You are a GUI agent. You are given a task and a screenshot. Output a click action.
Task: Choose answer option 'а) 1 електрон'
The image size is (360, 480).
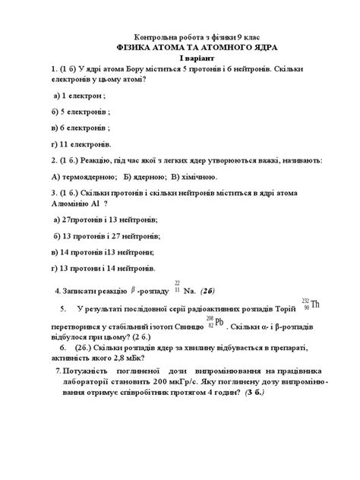(80, 96)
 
